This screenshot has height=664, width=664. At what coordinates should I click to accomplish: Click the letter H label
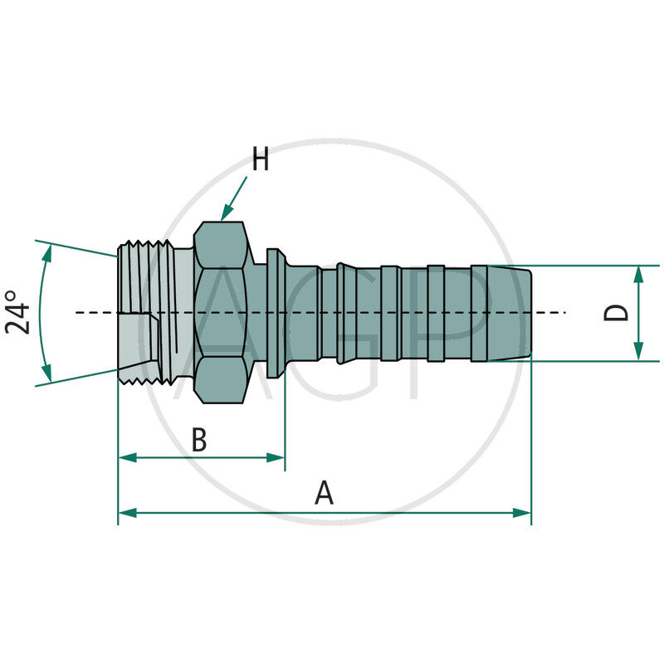tap(261, 159)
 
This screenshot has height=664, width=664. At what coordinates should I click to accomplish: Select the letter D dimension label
tap(615, 313)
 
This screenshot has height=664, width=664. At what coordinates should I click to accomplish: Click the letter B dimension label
tap(199, 440)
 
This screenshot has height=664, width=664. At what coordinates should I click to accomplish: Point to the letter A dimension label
tap(324, 494)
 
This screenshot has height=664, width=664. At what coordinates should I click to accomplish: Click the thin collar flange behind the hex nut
tap(275, 312)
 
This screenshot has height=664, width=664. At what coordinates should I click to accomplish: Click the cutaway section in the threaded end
tap(134, 344)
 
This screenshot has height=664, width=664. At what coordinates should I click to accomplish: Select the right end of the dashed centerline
tap(564, 312)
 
